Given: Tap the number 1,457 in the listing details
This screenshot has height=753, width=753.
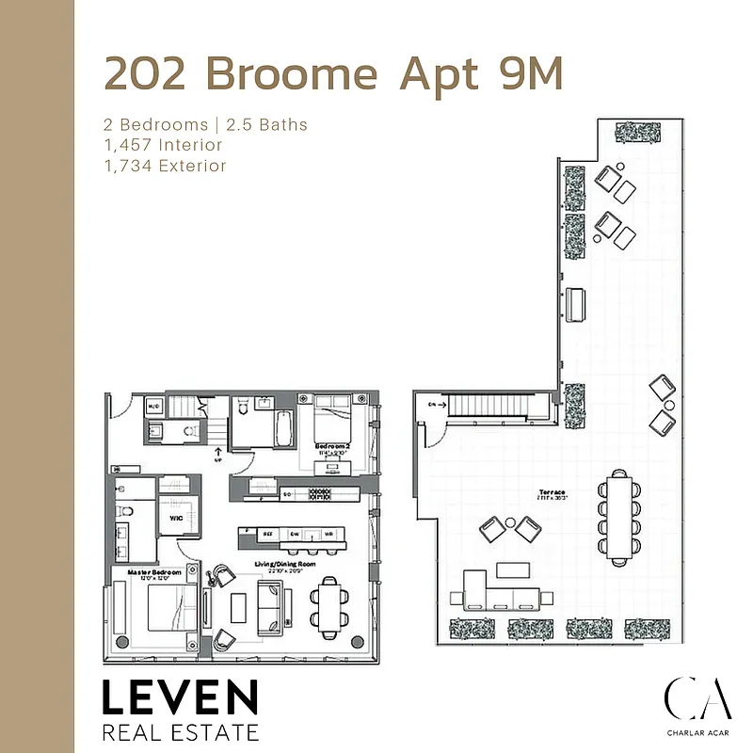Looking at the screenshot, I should coord(130,145).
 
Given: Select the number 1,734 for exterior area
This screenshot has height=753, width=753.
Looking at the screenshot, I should coord(130,166).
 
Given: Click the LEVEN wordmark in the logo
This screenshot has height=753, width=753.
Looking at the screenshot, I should coord(179,697).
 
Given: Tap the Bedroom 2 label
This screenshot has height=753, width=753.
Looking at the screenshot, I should coord(332,445).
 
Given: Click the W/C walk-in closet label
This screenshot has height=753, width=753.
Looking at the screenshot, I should coord(175,518).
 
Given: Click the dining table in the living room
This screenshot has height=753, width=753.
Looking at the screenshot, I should coord(329,605).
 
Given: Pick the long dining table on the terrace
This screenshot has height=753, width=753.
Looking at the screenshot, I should coord(618,513).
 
